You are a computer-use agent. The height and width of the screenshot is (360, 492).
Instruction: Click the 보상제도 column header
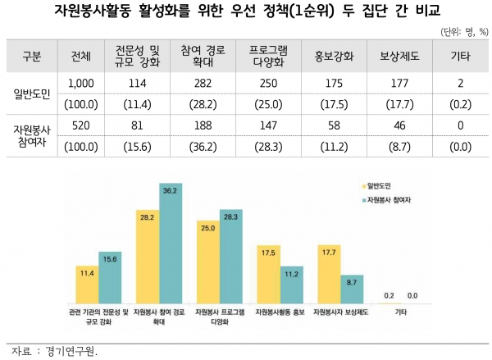(399, 57)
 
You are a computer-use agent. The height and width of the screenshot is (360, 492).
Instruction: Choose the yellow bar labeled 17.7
(329, 280)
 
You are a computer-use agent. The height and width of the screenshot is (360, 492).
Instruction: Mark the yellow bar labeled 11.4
(86, 287)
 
